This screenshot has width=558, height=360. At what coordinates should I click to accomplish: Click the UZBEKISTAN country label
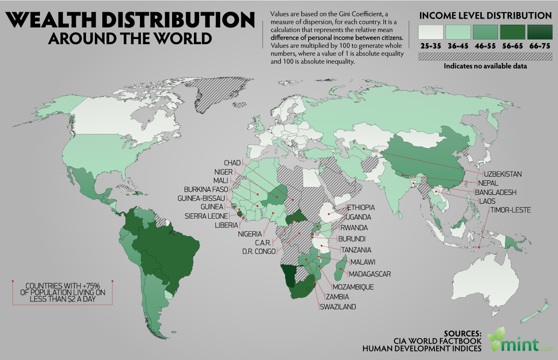click(503, 174)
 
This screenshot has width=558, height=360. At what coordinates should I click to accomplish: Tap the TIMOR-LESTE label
click(510, 210)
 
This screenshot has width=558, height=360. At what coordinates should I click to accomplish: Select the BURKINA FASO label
click(205, 189)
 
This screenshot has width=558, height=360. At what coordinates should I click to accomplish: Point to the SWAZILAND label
click(338, 307)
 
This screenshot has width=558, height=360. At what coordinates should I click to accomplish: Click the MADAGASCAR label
click(370, 273)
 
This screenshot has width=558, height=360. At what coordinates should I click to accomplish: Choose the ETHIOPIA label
click(361, 207)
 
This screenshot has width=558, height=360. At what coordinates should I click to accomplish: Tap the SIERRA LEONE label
click(206, 216)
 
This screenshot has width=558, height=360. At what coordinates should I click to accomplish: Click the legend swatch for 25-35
click(431, 32)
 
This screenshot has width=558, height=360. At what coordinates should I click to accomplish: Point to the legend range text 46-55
click(486, 46)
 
